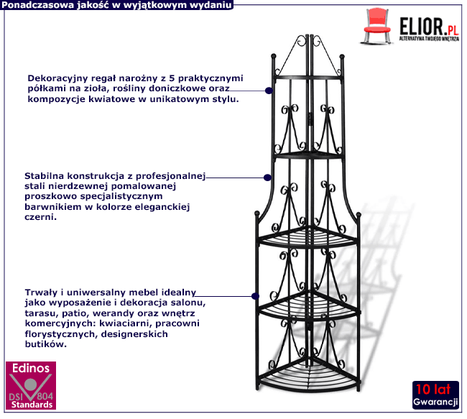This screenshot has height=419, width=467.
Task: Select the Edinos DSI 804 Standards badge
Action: (29, 387)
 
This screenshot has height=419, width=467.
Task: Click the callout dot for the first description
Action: (268, 91)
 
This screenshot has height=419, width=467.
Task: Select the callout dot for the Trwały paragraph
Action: (254, 295)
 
